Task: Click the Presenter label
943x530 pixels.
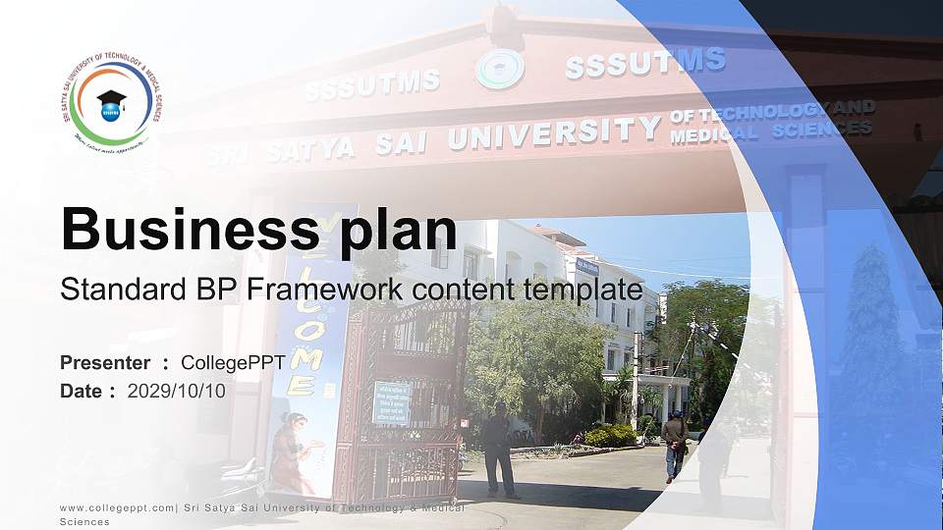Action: coord(105,363)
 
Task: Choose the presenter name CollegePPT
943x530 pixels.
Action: coord(233,363)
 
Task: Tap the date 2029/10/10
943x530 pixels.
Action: coord(176,391)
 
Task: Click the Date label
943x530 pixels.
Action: coord(82,391)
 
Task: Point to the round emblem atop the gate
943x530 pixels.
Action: coord(500,69)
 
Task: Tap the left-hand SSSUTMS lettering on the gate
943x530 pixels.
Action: coord(372,84)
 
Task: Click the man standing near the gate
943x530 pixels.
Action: coord(499,448)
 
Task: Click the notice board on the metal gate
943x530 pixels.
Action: coord(391,403)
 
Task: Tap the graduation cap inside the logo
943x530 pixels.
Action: coord(110,100)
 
